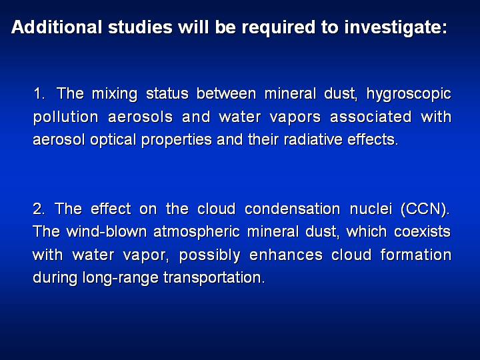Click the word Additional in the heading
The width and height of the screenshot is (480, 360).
click(57, 27)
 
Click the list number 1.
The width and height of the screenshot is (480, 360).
click(39, 93)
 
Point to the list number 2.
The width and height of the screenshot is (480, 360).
click(39, 209)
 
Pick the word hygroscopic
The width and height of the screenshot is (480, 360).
click(409, 95)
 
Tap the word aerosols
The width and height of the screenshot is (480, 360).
click(141, 117)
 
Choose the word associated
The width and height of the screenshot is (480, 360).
click(371, 117)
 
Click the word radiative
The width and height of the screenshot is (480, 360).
click(313, 140)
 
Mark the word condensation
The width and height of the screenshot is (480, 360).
click(293, 209)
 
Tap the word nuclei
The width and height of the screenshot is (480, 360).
click(371, 209)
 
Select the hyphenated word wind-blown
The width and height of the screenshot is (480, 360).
click(107, 232)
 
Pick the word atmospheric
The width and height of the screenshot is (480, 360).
click(197, 233)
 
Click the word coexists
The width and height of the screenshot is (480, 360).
click(422, 232)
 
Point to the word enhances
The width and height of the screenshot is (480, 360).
click(286, 255)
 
